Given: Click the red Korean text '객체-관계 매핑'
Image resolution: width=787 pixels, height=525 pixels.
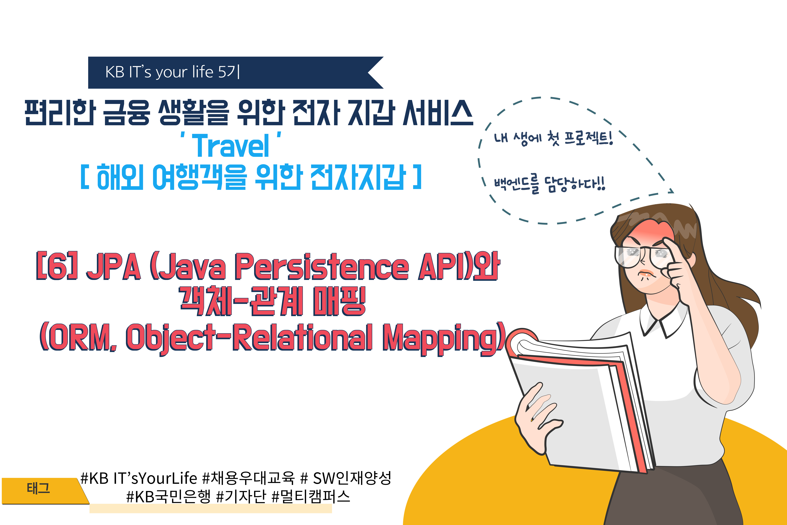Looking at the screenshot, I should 273,301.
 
